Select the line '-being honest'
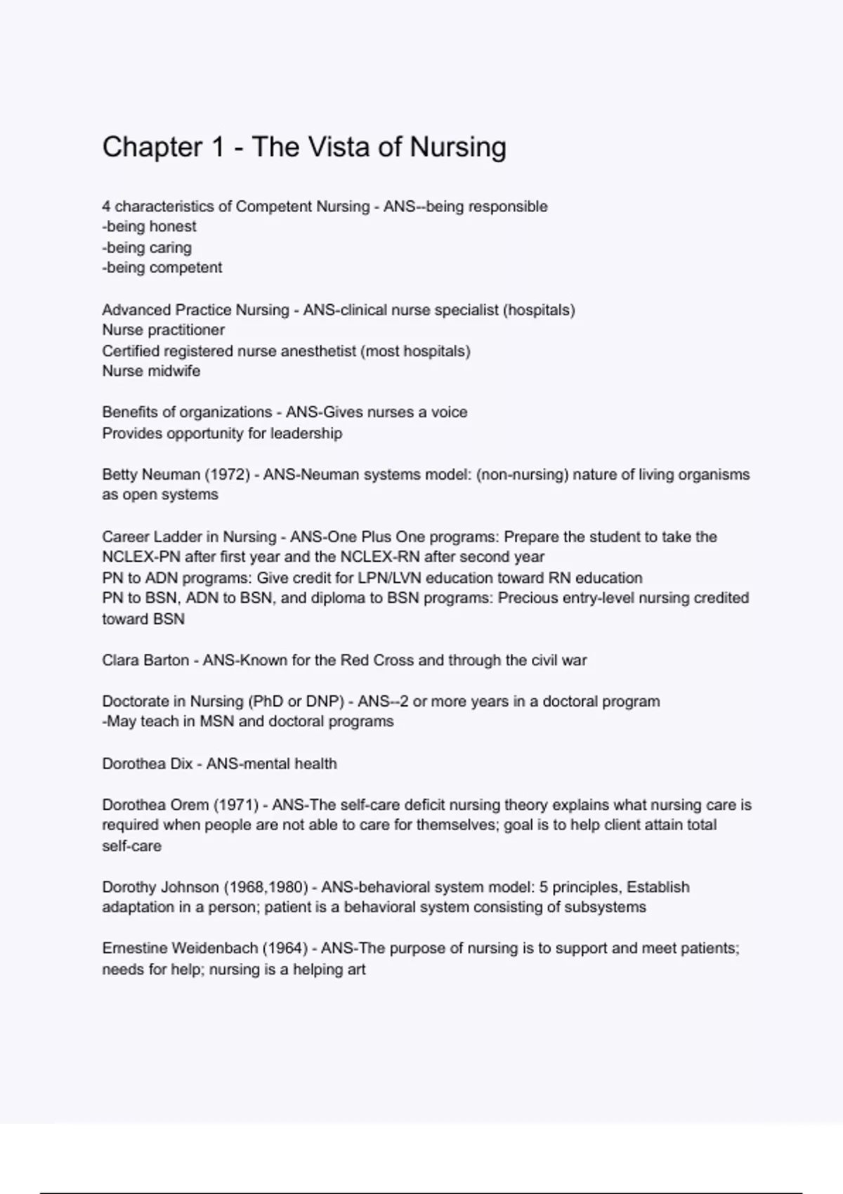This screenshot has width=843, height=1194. pos(149,227)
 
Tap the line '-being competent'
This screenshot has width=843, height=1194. pos(162,268)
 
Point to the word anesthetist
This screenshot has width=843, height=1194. pos(318,350)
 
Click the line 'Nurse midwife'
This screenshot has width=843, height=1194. pos(151,371)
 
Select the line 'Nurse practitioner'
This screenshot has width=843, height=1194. pos(163,330)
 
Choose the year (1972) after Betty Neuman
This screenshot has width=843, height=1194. pos(227,475)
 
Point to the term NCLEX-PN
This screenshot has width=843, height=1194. pos(141,557)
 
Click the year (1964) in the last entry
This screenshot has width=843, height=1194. pos(285,948)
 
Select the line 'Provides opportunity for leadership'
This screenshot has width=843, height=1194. pos(222,433)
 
